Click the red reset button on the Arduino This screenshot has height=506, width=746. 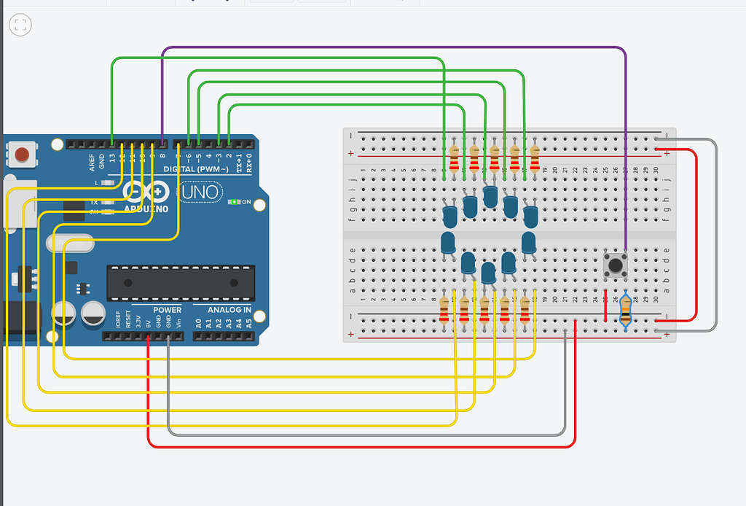[23, 155]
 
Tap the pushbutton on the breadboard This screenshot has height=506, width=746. [616, 265]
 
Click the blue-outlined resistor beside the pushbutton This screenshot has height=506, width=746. [626, 313]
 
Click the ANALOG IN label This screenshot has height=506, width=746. [229, 310]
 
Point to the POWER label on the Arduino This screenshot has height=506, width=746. [167, 310]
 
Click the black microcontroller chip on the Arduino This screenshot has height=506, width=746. [181, 283]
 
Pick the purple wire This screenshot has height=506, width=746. [393, 47]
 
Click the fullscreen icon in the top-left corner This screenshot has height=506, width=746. [20, 26]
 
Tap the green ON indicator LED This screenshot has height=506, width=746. [233, 202]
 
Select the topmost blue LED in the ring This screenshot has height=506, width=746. [490, 195]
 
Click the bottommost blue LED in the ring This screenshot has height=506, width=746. [488, 273]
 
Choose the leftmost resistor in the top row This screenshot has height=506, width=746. [455, 156]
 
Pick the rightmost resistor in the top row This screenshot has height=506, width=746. [535, 156]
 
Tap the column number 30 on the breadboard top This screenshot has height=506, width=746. [656, 171]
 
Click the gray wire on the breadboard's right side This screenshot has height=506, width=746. [717, 233]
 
